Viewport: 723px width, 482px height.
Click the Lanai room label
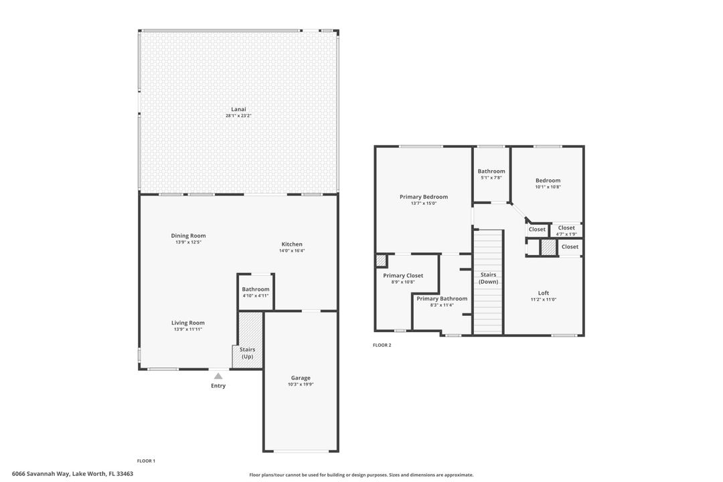point(238,109)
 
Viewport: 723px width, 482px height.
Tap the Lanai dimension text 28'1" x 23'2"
point(238,116)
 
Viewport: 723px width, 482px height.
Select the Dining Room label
point(188,236)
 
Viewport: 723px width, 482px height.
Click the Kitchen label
point(291,244)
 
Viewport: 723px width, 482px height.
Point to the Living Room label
point(187,323)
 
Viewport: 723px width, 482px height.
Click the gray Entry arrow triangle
point(218,376)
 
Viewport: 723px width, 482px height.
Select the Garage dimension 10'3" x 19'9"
point(301,384)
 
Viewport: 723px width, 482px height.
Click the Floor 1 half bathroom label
point(256,289)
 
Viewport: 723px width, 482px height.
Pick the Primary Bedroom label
point(423,197)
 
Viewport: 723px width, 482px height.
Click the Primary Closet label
point(403,275)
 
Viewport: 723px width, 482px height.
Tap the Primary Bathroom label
point(442,299)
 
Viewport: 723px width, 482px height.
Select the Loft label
point(543,293)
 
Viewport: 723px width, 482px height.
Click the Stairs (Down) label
point(488,278)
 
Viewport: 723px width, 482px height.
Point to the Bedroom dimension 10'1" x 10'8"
point(548,187)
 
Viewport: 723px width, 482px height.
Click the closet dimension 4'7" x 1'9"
point(566,234)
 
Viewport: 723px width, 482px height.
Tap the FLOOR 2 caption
point(382,345)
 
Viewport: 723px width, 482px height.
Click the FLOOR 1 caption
point(146,461)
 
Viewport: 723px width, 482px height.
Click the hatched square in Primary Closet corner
point(380,260)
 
